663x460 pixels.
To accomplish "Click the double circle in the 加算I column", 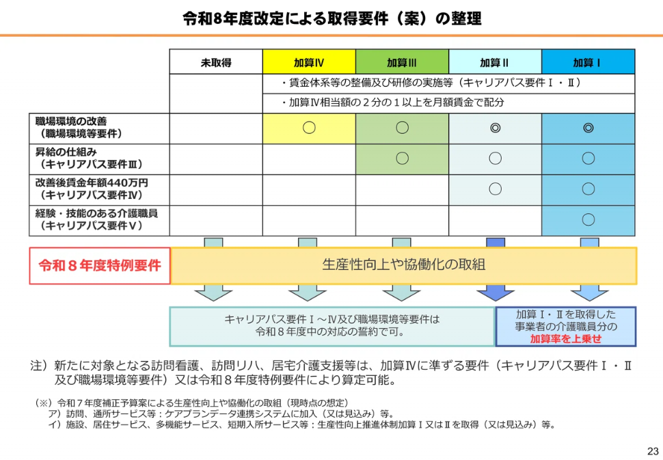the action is (x=588, y=128).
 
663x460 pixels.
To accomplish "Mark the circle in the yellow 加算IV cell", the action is (x=309, y=128).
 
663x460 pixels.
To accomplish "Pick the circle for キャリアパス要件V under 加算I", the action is (x=588, y=219).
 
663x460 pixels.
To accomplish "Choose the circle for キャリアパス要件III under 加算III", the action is (x=402, y=158).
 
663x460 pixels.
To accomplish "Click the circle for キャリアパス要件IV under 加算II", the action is (x=495, y=189).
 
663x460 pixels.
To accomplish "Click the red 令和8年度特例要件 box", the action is (x=100, y=265).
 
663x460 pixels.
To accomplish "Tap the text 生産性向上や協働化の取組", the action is (x=404, y=265).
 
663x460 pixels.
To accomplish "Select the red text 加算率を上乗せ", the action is (x=565, y=338).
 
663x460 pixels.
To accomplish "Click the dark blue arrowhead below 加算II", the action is (x=495, y=295).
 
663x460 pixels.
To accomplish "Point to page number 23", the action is (x=653, y=450).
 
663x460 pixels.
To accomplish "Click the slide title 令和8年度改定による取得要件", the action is (x=285, y=18).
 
